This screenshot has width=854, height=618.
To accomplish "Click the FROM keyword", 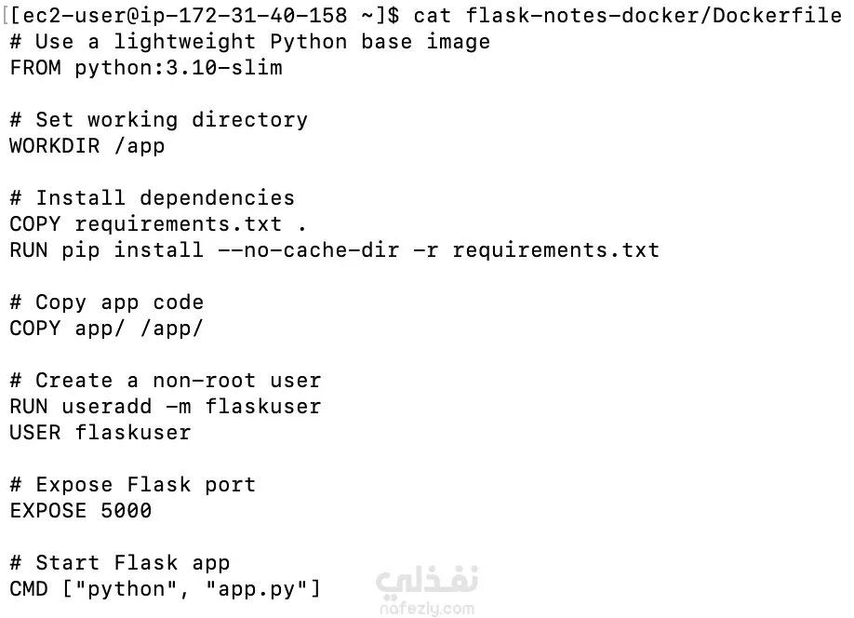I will tap(36, 68).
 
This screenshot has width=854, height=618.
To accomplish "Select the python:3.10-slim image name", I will tap(179, 68).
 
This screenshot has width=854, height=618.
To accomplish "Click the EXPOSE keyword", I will tap(48, 511).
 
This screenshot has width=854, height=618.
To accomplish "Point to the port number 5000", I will tap(127, 511).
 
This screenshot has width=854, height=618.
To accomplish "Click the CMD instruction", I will tap(30, 589).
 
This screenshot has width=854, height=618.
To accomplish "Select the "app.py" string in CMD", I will tap(258, 589).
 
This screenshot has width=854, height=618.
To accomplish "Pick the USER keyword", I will tap(36, 433).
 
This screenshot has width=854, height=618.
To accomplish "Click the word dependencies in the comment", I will tap(218, 198).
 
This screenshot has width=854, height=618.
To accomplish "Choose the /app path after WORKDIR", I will tap(140, 146).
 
